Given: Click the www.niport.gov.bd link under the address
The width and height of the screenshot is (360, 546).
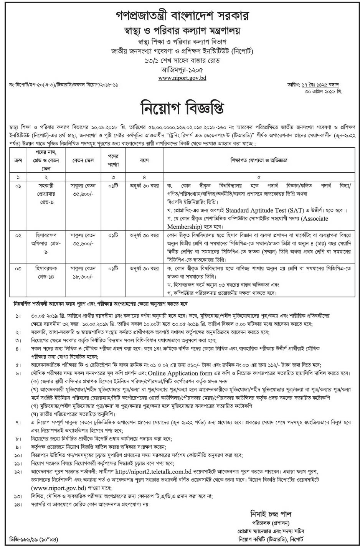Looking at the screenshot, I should tap(180, 78).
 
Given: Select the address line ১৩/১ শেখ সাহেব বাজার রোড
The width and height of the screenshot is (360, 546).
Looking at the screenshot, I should tap(180, 61).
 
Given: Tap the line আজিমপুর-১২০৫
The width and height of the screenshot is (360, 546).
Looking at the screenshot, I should tap(180, 69).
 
